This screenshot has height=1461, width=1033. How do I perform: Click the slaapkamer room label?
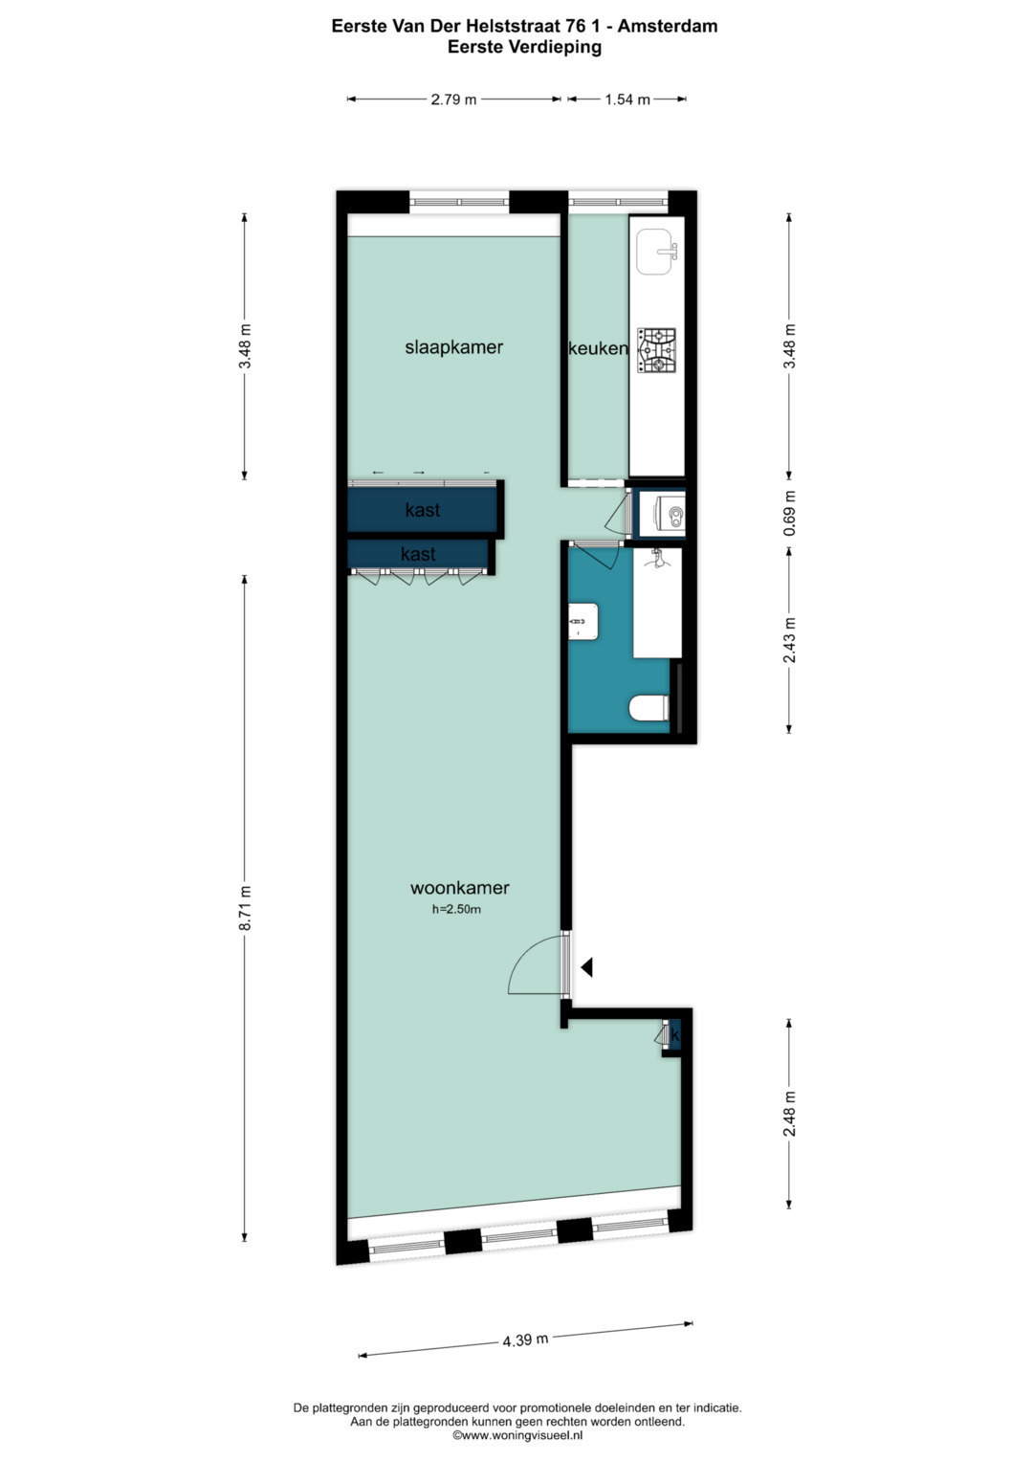(x=454, y=347)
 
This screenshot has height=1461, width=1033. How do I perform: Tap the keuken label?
(x=598, y=348)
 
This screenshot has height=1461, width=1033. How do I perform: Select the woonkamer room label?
(x=460, y=887)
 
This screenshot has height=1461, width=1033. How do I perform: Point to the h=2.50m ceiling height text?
(x=456, y=909)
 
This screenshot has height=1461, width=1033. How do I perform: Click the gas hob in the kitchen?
(x=656, y=350)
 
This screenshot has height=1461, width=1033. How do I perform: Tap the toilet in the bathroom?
(x=648, y=708)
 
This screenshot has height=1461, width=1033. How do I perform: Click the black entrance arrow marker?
(x=586, y=967)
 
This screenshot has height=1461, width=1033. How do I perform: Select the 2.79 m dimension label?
(x=454, y=100)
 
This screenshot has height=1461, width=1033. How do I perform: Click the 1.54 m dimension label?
(x=627, y=100)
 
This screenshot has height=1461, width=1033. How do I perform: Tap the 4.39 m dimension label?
(x=525, y=1340)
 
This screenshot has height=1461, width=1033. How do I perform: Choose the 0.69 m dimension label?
(x=790, y=513)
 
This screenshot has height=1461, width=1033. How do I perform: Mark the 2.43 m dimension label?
(x=790, y=639)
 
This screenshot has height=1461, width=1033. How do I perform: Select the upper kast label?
(x=423, y=510)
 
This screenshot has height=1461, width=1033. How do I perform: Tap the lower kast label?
(x=418, y=554)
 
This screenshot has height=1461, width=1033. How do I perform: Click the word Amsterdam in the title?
(x=668, y=26)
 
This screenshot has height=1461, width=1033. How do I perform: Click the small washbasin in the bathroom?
(x=583, y=621)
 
